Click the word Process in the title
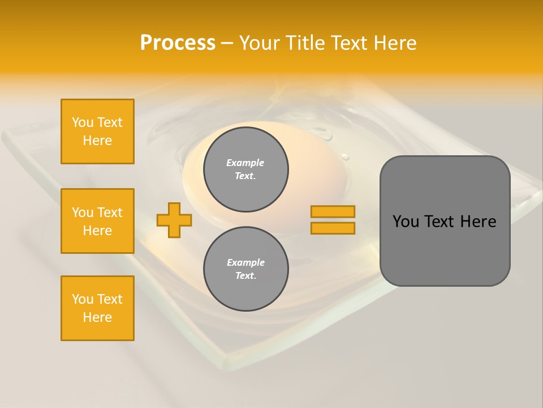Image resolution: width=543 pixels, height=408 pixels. pos(178,43)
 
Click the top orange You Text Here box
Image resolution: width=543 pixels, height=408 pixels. pos(97,131)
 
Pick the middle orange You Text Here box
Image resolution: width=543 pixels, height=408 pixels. pos(97,221)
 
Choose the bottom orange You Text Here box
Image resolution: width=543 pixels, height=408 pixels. pos(97,308)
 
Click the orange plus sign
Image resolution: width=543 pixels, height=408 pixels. pos(174,220)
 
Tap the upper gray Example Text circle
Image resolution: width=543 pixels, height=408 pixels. pos(246,169)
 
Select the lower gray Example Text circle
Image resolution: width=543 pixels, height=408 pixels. pos(246,269)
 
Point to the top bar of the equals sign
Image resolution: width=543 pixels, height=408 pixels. pos(333,212)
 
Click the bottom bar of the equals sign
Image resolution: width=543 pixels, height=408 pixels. pos(333,228)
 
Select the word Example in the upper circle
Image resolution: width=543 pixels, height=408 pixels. pos(245,163)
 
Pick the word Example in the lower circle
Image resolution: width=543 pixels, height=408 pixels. pos(245,262)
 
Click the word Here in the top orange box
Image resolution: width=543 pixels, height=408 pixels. pos(97,141)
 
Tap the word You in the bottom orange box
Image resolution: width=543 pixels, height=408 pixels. pos(83,299)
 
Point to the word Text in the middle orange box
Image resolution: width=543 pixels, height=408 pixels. pos(110,212)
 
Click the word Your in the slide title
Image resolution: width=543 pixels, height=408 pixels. pos(258,43)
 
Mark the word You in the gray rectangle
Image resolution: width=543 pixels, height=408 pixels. pos(406,222)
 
